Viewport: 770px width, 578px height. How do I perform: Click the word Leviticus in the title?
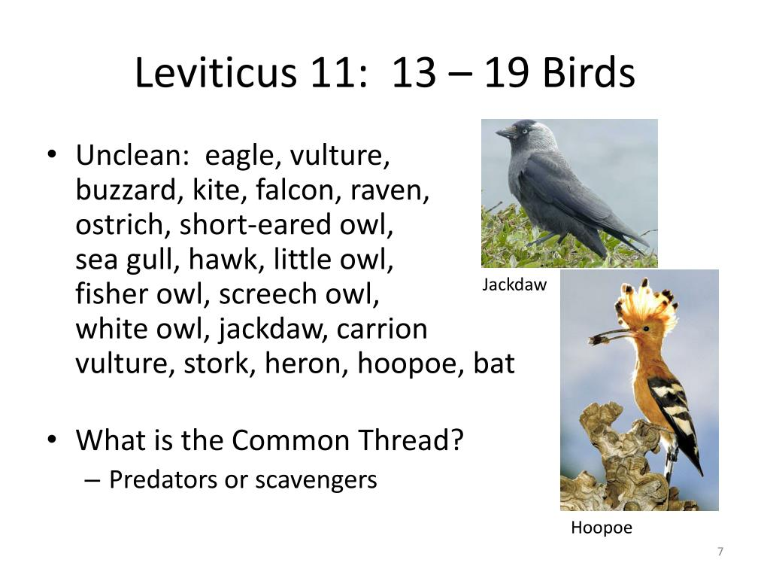click(x=216, y=72)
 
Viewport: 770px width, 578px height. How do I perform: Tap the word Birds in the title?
click(x=589, y=72)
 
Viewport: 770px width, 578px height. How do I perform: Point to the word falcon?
click(x=294, y=190)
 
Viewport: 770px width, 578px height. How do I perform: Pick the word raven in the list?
click(x=390, y=190)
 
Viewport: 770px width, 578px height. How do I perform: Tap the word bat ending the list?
click(x=494, y=364)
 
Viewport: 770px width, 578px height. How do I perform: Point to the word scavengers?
click(x=316, y=480)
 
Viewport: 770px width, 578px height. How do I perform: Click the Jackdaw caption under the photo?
click(x=514, y=284)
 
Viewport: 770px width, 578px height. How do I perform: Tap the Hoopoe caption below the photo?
click(x=602, y=528)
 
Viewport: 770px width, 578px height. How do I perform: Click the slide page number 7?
click(x=720, y=552)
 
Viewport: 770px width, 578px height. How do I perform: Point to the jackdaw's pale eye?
click(x=524, y=131)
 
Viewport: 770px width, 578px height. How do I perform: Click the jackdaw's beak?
click(x=506, y=132)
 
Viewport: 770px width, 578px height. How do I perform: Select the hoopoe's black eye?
click(x=646, y=328)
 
